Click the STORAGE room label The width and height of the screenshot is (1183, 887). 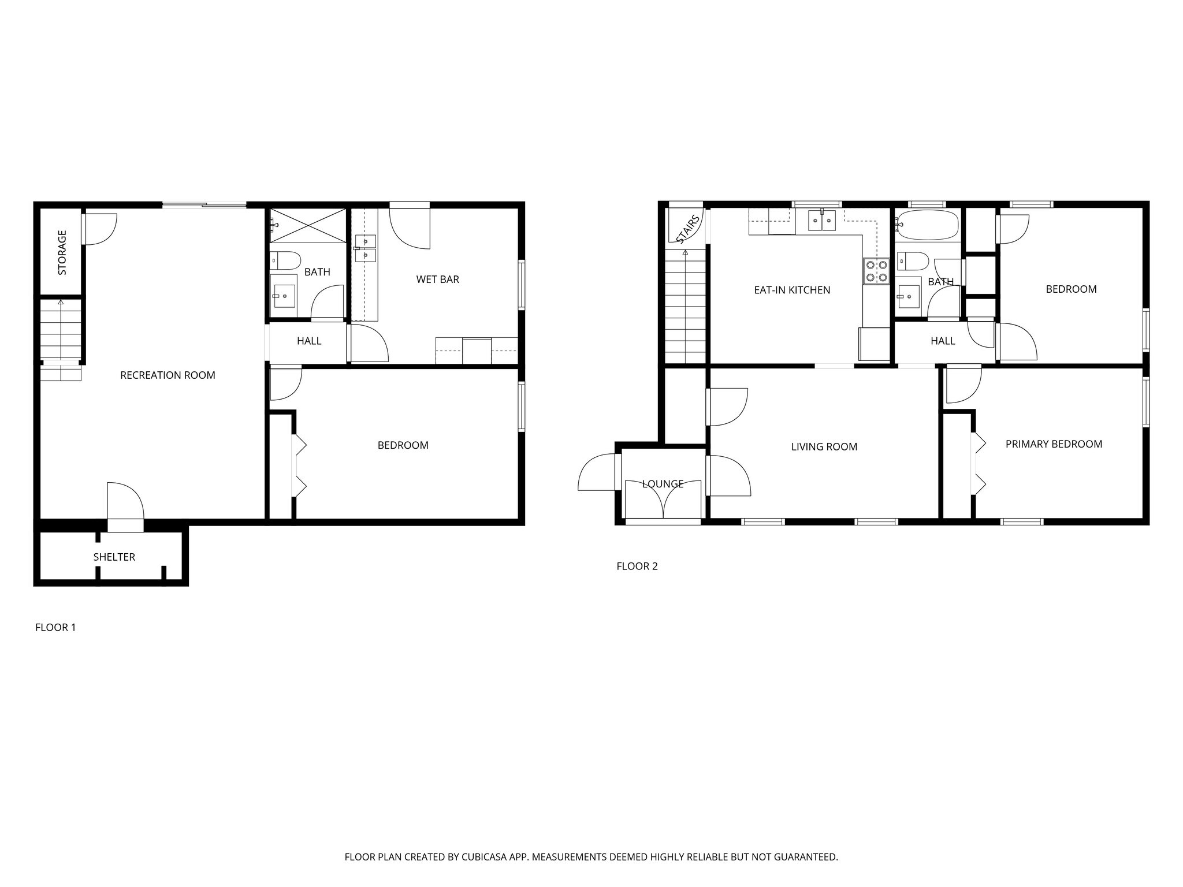tap(62, 252)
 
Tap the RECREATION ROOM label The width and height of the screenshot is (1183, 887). tap(168, 375)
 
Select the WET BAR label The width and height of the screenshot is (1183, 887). tap(437, 279)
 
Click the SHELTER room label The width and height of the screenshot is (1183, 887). tap(114, 557)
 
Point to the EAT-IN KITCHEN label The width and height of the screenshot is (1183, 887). tap(792, 290)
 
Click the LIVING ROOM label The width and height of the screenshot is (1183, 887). tap(824, 447)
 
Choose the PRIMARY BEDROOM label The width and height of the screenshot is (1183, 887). tap(1054, 444)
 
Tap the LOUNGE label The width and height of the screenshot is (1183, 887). tap(663, 484)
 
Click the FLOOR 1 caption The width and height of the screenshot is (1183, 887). tap(55, 628)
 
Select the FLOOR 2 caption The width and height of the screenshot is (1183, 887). tap(637, 567)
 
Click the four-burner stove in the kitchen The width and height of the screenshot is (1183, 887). tap(876, 271)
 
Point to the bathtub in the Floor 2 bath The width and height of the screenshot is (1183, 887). tap(927, 226)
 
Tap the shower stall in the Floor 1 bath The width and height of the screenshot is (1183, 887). tap(307, 226)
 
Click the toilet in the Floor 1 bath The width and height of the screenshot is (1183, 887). tap(285, 260)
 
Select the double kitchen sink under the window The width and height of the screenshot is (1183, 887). tap(821, 221)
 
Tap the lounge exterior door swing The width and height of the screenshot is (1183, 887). tap(597, 472)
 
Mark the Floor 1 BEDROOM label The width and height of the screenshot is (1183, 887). tap(403, 445)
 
